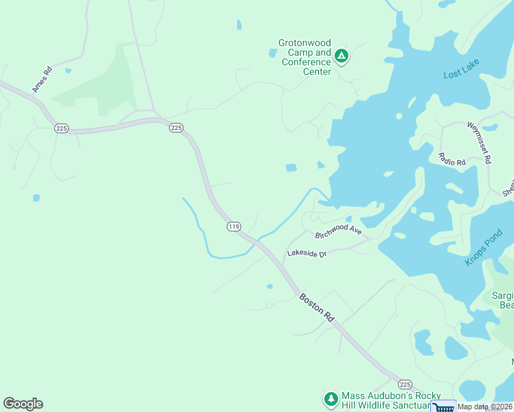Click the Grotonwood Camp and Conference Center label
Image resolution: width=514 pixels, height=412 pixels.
[304, 57]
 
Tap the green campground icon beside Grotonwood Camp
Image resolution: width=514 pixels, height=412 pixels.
[342, 56]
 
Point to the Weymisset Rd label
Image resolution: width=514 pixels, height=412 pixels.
[478, 142]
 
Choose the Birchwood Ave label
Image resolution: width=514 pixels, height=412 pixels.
[338, 231]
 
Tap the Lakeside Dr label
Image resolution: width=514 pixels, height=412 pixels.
[307, 253]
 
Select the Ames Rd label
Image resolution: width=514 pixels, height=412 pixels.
[41, 80]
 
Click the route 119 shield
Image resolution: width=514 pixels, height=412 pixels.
[234, 227]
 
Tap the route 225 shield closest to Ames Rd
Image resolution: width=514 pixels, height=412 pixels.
[62, 128]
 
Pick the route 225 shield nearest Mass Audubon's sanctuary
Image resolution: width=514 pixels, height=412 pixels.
[405, 385]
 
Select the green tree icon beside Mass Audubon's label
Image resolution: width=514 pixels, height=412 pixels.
[331, 399]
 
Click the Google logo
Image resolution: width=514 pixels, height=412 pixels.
[23, 404]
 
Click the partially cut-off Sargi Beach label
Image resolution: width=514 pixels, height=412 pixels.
[502, 300]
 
